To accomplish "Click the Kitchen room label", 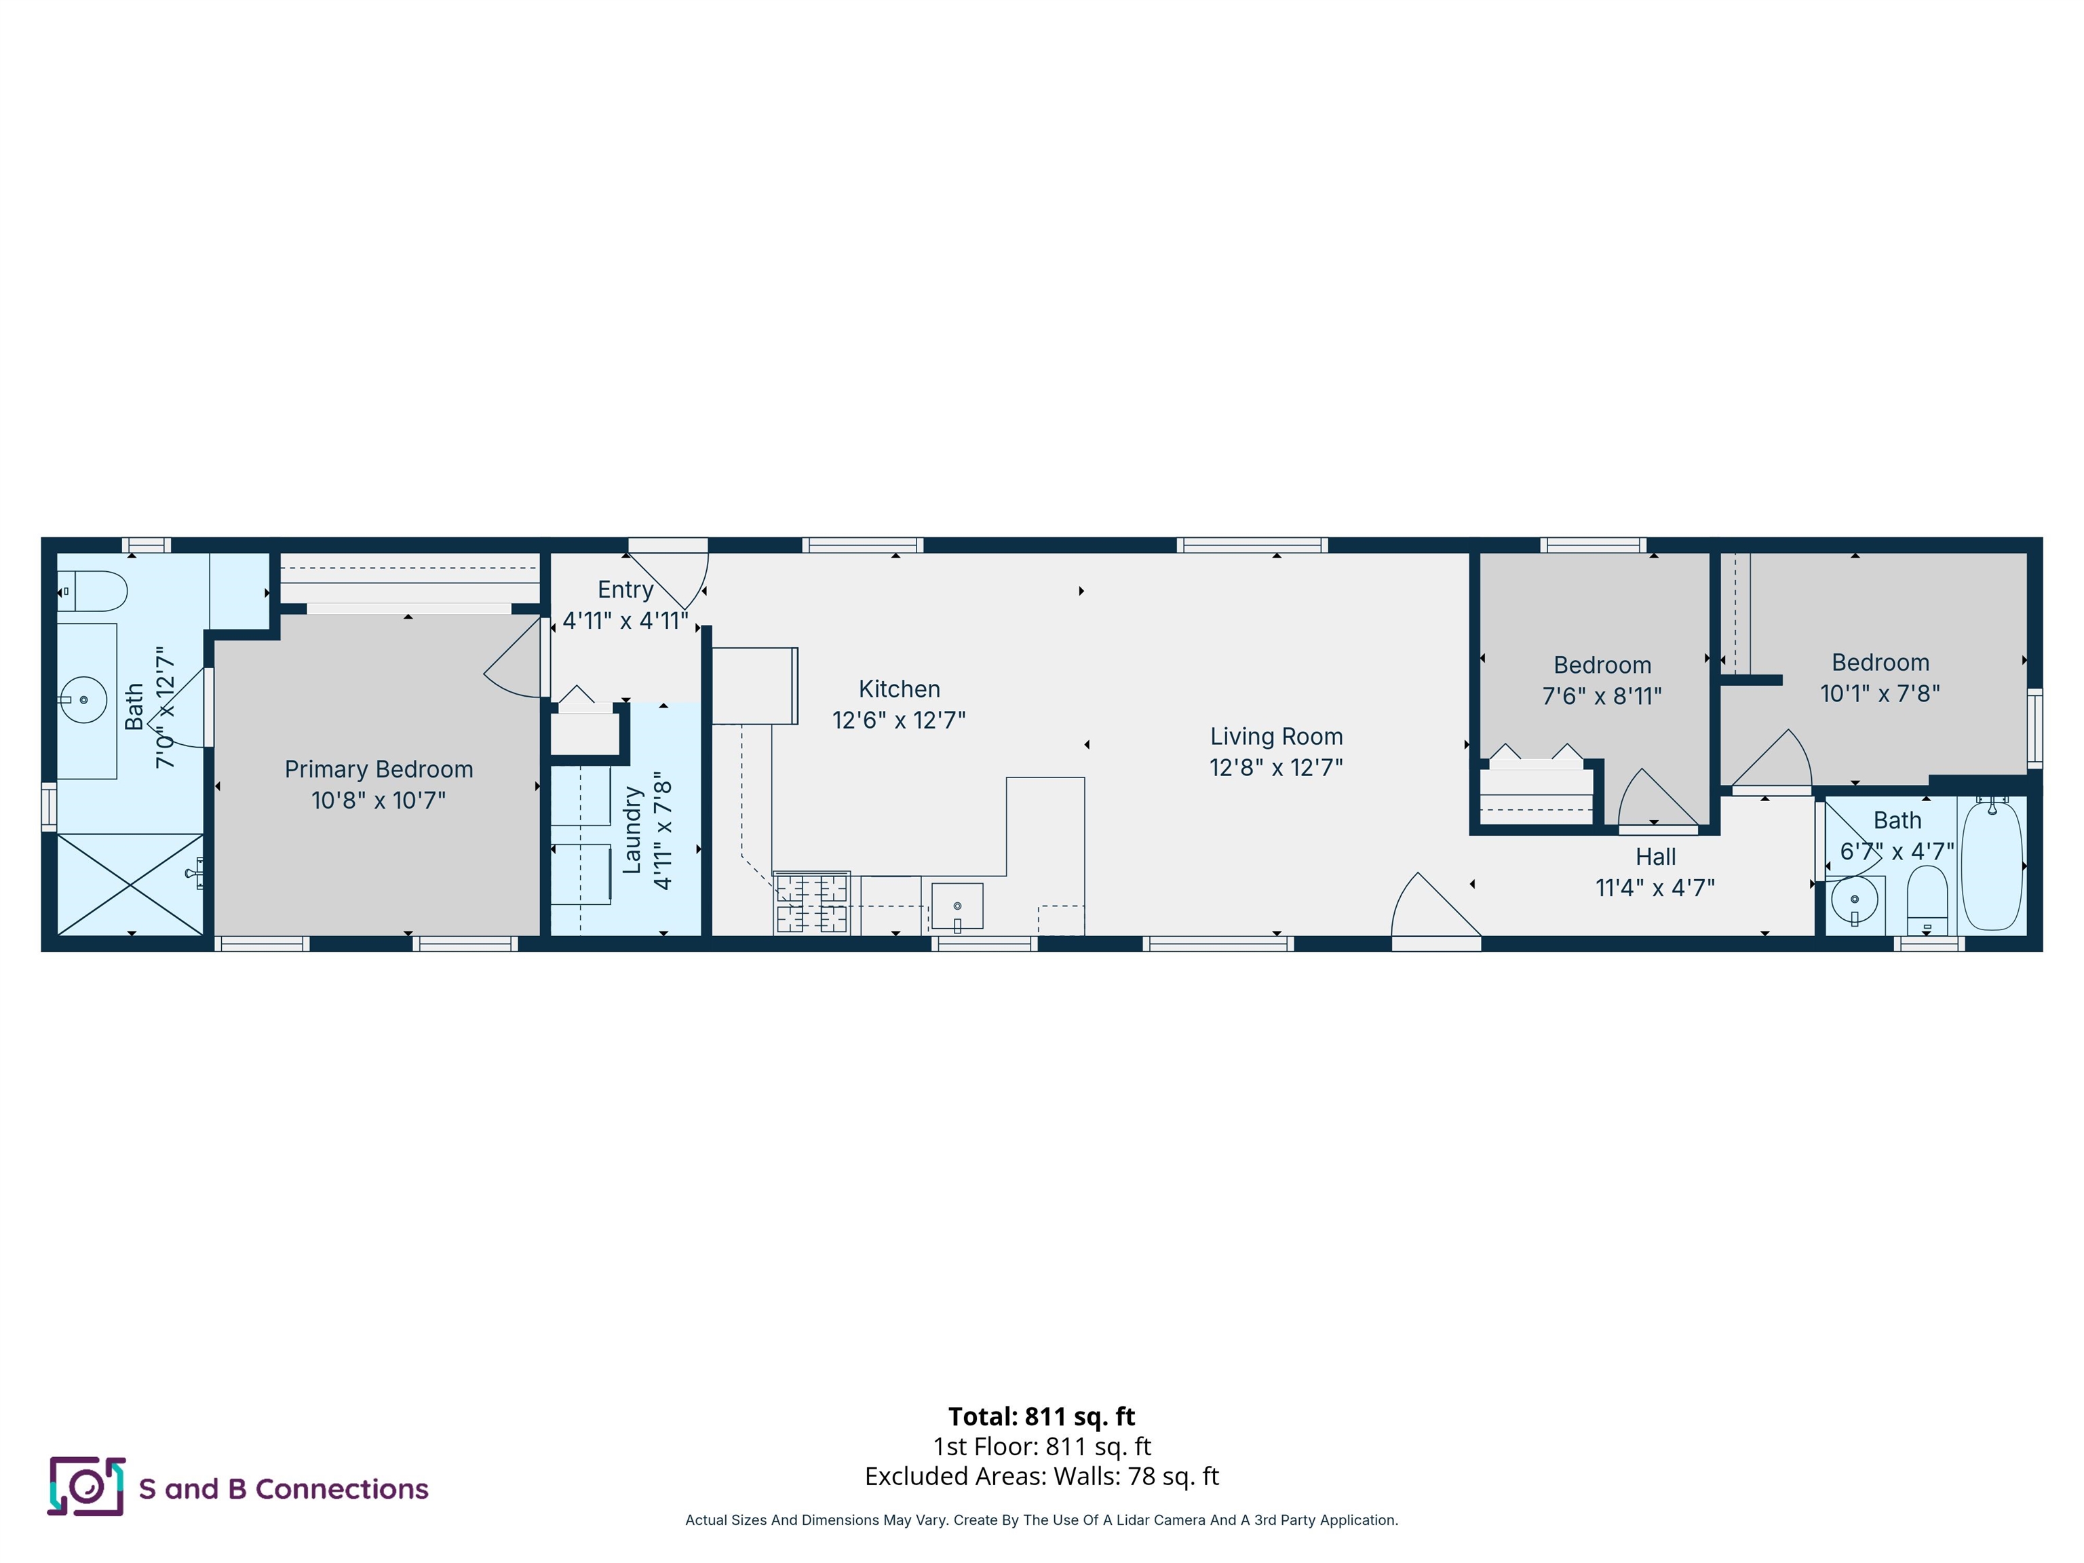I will [899, 689].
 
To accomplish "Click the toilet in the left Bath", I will [94, 591].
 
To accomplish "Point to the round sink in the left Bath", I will [84, 699].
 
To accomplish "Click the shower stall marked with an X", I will [130, 884].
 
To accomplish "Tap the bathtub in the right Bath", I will [1992, 865].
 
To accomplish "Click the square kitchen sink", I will [957, 906].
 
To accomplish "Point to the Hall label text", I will [1655, 856].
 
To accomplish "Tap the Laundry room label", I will [632, 831].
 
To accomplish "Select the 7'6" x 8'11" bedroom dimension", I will [1602, 696].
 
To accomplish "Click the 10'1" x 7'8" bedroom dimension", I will [1880, 693].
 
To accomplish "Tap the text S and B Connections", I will [284, 1488].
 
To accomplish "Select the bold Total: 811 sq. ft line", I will [1041, 1416].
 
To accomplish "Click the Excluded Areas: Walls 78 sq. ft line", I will [1041, 1476].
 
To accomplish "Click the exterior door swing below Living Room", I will [1432, 909].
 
